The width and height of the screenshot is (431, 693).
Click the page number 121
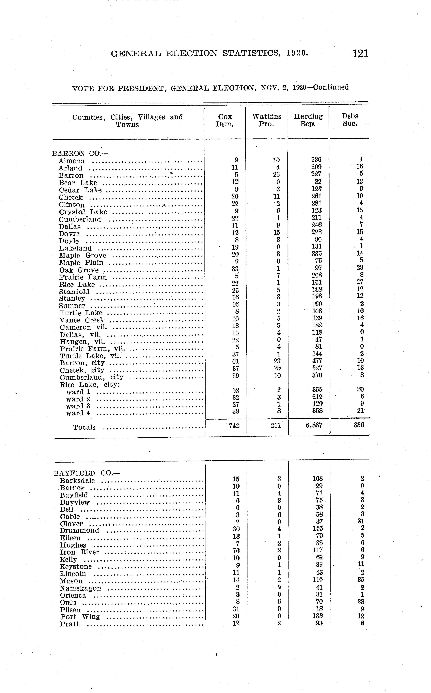360,54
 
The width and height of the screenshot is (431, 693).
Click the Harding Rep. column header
308,120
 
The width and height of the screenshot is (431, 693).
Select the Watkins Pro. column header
267,120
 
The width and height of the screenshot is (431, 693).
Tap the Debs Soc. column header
350,120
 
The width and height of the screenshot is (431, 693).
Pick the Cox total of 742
234,425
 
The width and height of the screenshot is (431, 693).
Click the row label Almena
71,161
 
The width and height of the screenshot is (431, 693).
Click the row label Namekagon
80,588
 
